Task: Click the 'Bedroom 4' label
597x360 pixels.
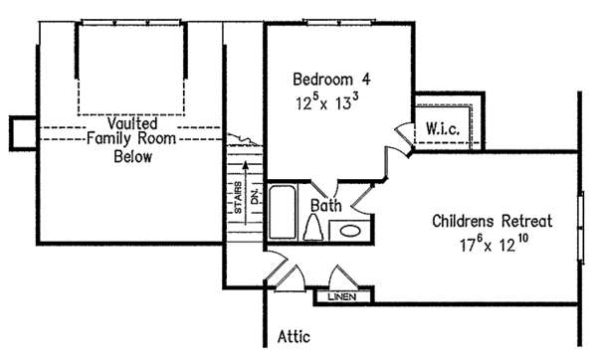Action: click(331, 78)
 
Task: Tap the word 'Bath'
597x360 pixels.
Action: click(326, 206)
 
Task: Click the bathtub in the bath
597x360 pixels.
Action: click(281, 211)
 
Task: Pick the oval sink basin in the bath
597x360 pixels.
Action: click(349, 230)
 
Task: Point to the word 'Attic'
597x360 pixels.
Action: click(296, 336)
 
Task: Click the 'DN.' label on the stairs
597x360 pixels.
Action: click(254, 198)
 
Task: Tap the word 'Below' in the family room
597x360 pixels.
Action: click(131, 157)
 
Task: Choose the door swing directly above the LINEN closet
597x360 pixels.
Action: click(341, 275)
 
